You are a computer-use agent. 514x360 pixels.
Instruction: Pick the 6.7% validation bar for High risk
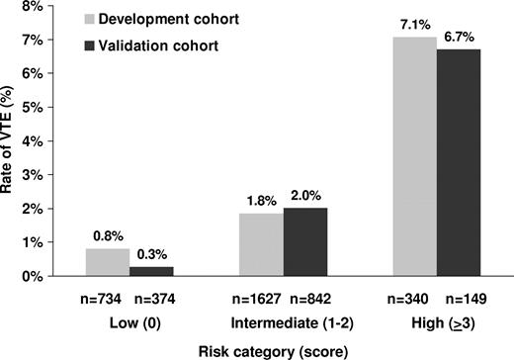tap(459, 163)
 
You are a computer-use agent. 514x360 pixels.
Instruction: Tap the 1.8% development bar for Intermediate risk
tap(261, 244)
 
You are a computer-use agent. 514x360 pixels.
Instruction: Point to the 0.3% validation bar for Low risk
tap(152, 271)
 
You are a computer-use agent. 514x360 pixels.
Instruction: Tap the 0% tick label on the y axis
tap(31, 276)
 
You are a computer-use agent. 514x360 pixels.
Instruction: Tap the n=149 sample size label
tap(461, 298)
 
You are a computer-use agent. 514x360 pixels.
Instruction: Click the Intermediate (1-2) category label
tap(283, 321)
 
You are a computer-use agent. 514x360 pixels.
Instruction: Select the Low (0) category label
tap(129, 321)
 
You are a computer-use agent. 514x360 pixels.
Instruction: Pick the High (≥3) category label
tap(436, 321)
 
